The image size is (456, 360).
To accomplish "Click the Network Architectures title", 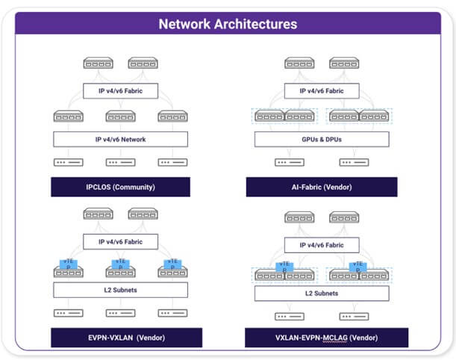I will (x=228, y=24).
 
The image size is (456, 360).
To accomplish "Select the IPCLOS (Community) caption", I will (x=120, y=186).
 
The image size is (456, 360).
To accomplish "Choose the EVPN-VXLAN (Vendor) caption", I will (x=120, y=337).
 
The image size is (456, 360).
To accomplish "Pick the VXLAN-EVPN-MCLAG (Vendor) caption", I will (x=327, y=337).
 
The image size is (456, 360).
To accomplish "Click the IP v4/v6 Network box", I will (x=120, y=139).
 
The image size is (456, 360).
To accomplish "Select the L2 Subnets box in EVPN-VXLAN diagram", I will (x=120, y=290).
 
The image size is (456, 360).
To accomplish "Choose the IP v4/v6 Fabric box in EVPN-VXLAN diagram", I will (x=120, y=242).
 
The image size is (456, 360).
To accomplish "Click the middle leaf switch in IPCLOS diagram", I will (x=120, y=117).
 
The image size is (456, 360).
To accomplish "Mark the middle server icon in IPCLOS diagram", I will (x=120, y=162).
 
